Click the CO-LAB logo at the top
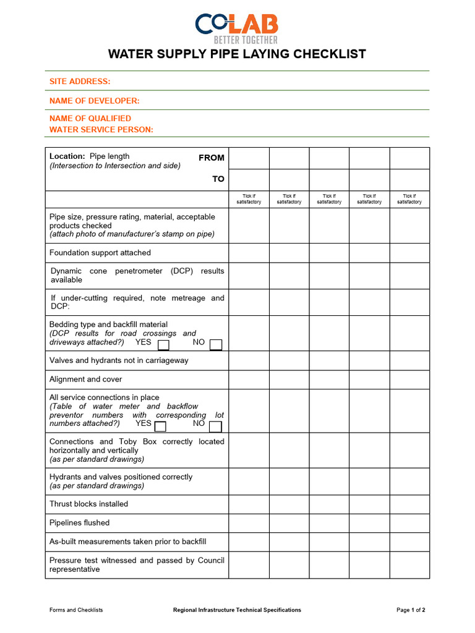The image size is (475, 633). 237,27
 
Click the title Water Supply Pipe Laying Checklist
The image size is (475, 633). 237,54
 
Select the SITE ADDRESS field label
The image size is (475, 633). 80,81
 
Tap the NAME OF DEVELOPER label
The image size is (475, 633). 94,101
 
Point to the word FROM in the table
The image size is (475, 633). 211,158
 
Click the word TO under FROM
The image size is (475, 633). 218,179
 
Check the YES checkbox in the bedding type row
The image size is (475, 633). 164,344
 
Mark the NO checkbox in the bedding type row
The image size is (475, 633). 215,344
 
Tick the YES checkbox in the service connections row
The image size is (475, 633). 160,427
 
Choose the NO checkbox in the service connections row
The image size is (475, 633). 215,427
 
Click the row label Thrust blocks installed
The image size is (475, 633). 88,504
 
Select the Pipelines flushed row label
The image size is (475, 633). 79,523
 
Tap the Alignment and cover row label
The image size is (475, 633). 85,379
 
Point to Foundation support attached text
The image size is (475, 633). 100,253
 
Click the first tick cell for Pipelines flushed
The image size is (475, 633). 249,523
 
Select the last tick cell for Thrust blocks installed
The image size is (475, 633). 409,504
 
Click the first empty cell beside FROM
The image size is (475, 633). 249,158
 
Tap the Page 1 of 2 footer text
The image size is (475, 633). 411,610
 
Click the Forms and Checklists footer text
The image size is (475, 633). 76,610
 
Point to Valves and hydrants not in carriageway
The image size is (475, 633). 119,360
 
